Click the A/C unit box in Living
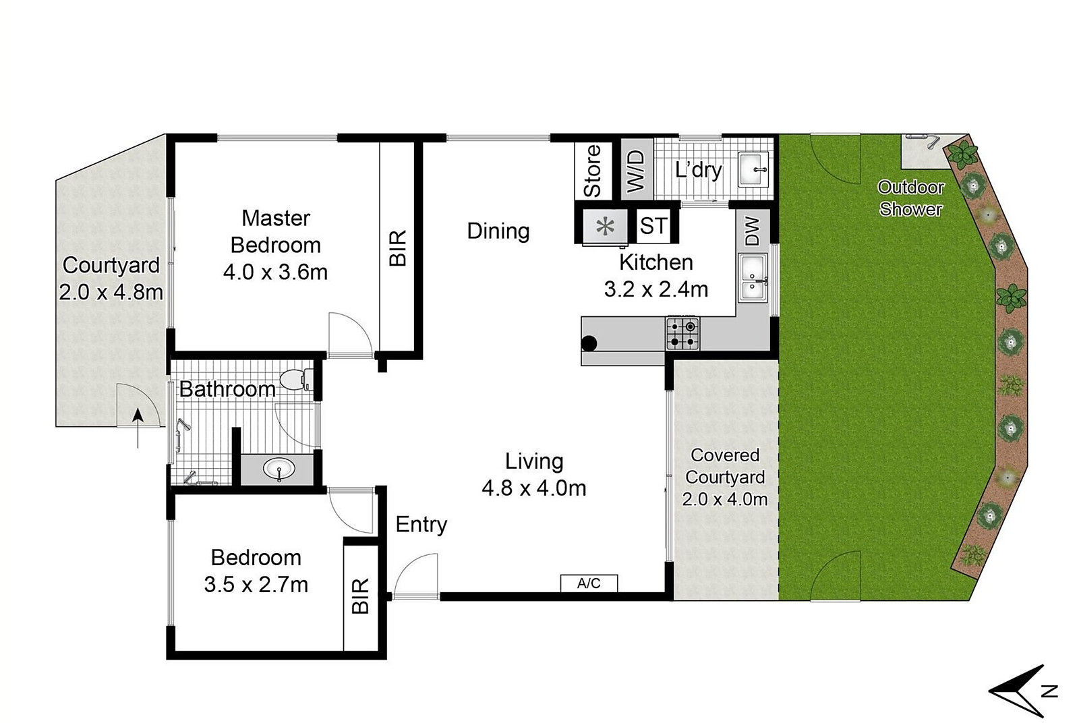(589, 583)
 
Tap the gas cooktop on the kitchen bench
(682, 333)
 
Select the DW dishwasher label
(753, 231)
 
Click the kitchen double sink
(753, 277)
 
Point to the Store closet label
(592, 171)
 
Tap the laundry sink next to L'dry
(753, 169)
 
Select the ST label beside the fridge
(653, 226)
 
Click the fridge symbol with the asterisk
(606, 226)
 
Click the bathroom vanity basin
(279, 468)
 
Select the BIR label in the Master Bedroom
(399, 248)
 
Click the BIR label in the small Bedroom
(361, 595)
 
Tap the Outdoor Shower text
(910, 198)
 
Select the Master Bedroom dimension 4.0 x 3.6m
(275, 272)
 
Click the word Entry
(421, 524)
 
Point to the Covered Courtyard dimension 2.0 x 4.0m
(724, 499)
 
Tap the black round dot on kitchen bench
(589, 343)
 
